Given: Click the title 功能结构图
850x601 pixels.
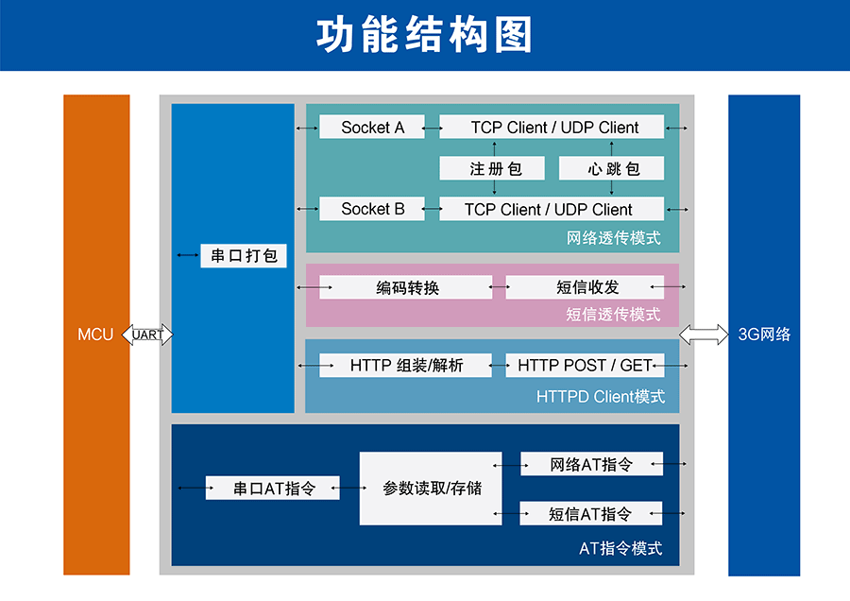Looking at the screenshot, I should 424,35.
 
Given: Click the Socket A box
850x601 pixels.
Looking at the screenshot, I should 373,128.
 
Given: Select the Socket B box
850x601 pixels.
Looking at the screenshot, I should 373,209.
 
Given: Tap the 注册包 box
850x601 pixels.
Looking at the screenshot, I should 494,169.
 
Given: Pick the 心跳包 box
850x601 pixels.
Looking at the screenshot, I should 612,169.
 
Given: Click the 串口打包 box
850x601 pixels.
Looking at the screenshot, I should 244,256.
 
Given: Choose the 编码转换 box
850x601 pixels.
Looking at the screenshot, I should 406,287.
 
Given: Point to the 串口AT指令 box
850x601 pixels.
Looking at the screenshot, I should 272,489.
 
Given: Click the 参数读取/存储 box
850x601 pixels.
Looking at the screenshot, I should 431,489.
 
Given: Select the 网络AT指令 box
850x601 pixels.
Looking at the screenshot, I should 591,464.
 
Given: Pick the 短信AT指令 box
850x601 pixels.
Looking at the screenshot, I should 591,514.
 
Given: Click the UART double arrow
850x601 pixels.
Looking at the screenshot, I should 148,335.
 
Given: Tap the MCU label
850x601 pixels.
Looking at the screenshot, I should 95,335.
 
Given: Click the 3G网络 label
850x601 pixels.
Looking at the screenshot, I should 764,335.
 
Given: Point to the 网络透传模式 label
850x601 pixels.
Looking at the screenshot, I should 614,238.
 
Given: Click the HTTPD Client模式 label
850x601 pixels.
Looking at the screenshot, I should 601,397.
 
